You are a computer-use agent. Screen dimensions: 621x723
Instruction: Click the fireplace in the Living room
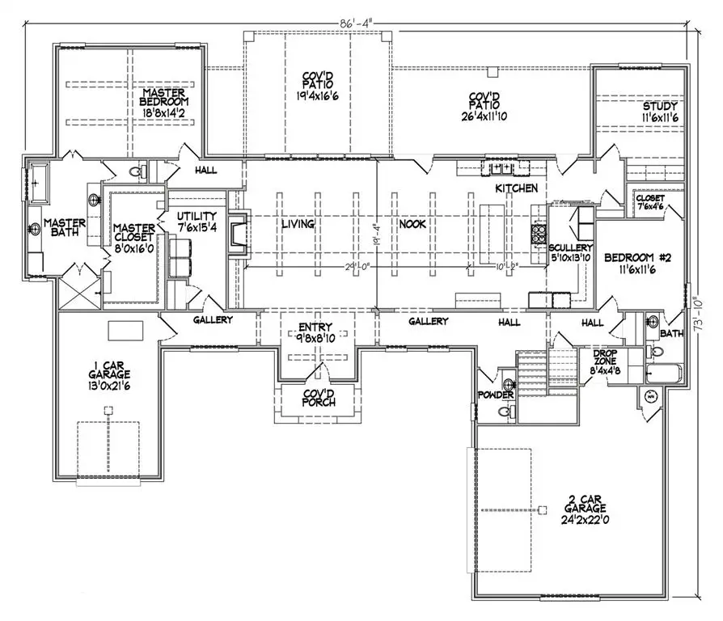click(x=237, y=234)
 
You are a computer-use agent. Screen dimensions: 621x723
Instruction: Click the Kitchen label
click(x=518, y=188)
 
